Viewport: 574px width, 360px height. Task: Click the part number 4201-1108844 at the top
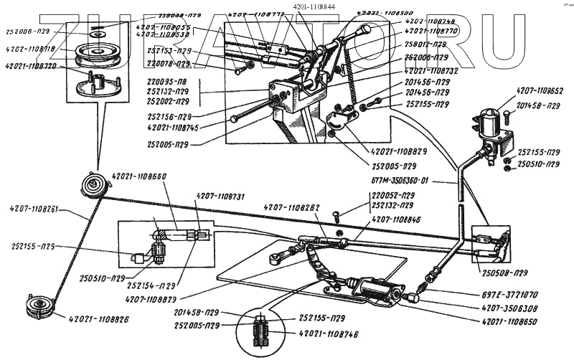314,7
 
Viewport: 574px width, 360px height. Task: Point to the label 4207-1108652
540,91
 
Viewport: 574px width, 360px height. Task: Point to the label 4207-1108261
38,210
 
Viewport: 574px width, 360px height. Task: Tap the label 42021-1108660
139,176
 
